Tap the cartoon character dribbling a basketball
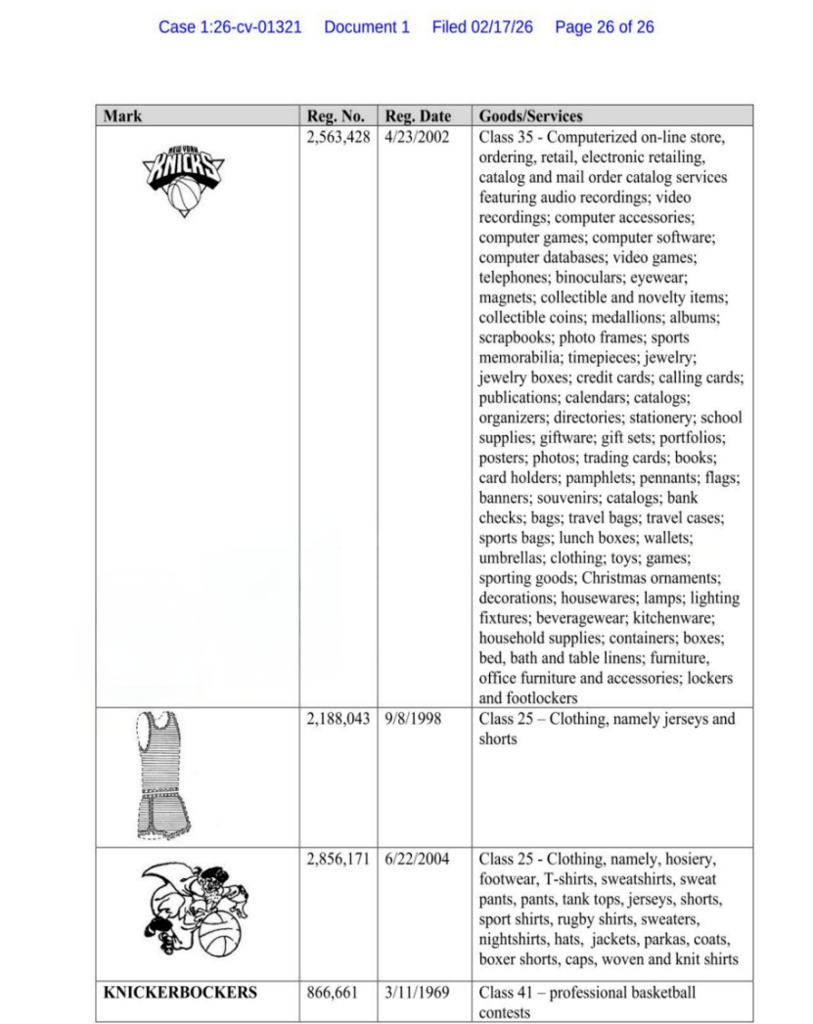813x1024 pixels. point(195,910)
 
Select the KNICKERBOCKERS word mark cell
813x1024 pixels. point(181,993)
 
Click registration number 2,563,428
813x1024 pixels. point(338,137)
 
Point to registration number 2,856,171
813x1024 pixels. point(338,859)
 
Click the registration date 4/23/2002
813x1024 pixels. point(417,137)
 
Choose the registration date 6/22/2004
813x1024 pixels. point(417,859)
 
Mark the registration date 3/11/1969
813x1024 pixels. point(417,993)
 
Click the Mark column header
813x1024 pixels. point(122,116)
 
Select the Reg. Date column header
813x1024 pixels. point(418,116)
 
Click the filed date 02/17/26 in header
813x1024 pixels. point(482,27)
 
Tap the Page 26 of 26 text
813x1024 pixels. point(604,27)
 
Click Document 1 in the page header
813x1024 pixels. point(366,27)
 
